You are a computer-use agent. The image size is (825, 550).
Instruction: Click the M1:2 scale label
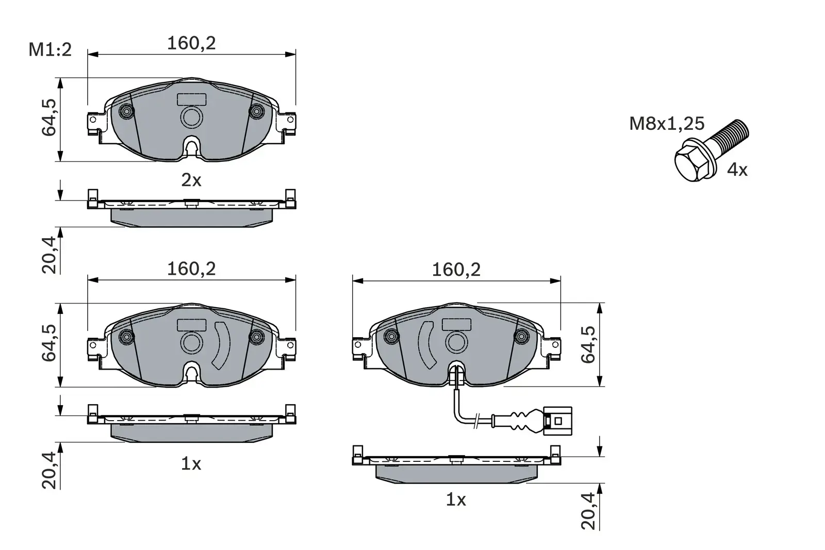click(x=50, y=50)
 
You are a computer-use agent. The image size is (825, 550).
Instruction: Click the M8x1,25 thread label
click(x=666, y=124)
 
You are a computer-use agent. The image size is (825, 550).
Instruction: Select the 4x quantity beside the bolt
click(x=737, y=169)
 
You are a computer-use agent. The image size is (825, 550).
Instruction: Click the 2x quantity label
click(x=191, y=180)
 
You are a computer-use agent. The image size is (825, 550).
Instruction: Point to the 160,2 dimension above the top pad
click(x=191, y=43)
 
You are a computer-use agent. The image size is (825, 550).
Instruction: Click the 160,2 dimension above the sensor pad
click(x=456, y=270)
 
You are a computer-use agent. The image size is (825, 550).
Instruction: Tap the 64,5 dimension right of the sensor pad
click(x=589, y=344)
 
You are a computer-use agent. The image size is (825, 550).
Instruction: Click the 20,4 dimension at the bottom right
click(x=589, y=510)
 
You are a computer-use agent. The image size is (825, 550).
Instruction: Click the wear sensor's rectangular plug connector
click(x=558, y=422)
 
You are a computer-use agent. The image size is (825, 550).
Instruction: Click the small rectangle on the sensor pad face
click(x=456, y=324)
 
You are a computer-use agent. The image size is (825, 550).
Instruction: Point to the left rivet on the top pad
click(x=126, y=111)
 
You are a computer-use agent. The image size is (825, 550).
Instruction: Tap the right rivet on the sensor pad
click(x=522, y=337)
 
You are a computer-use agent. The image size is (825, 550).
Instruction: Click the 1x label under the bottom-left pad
click(x=191, y=464)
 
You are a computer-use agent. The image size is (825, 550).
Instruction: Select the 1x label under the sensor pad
click(x=456, y=499)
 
